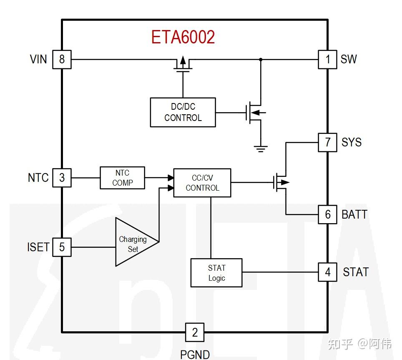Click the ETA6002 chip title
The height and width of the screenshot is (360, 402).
[x=183, y=37]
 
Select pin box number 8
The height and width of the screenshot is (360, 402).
[x=62, y=59]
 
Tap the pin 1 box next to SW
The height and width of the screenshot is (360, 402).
[x=327, y=59]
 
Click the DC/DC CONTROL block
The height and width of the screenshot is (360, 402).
[x=183, y=112]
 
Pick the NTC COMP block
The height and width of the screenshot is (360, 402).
[x=122, y=178]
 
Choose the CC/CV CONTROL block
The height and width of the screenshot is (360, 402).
[x=202, y=183]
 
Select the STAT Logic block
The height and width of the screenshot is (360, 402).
[x=216, y=273]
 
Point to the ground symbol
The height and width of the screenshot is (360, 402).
[x=261, y=148]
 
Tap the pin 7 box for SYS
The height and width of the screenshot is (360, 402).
[x=327, y=142]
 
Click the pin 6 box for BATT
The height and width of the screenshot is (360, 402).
[x=327, y=214]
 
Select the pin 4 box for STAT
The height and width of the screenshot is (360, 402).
[x=327, y=272]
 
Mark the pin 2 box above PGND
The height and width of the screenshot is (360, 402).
[x=194, y=332]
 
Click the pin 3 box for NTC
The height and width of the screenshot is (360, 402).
[x=62, y=178]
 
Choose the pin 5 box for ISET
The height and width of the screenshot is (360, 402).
[x=62, y=247]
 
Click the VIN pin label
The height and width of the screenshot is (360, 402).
[x=38, y=59]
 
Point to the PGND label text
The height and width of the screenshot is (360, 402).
[x=195, y=354]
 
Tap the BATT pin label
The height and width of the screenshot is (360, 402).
[x=354, y=214]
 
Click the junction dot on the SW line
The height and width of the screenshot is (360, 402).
[x=261, y=59]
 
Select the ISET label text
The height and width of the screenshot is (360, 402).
[x=38, y=247]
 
